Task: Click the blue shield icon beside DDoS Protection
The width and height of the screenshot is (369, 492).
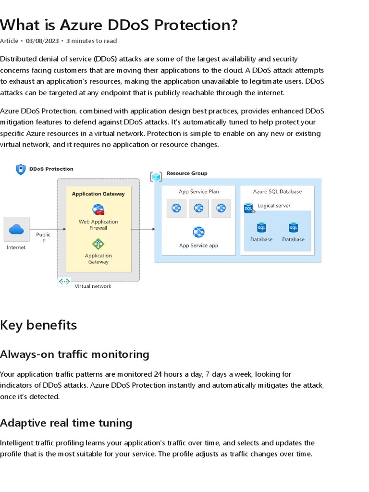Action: click(x=21, y=169)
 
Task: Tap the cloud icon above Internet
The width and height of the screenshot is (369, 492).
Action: click(x=16, y=229)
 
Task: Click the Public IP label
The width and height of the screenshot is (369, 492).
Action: click(x=43, y=238)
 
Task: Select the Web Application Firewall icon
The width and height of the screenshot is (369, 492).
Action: click(x=98, y=210)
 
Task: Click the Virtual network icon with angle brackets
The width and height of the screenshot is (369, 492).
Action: click(x=64, y=282)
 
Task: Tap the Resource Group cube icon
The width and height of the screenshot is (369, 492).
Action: click(x=156, y=177)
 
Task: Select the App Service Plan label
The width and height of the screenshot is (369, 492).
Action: click(x=198, y=191)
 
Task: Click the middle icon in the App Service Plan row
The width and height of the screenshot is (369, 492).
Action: click(x=198, y=208)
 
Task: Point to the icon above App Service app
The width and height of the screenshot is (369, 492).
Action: click(x=198, y=233)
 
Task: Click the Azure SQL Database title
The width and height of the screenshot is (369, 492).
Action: click(x=277, y=191)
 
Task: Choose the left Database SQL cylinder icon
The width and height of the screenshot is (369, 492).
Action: click(x=261, y=227)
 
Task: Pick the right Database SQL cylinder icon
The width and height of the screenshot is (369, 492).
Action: click(x=293, y=227)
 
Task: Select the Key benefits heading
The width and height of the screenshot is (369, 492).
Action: click(x=38, y=325)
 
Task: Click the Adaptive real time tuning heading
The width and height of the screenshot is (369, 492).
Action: click(x=66, y=423)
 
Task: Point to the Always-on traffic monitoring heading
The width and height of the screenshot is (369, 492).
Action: click(x=74, y=355)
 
